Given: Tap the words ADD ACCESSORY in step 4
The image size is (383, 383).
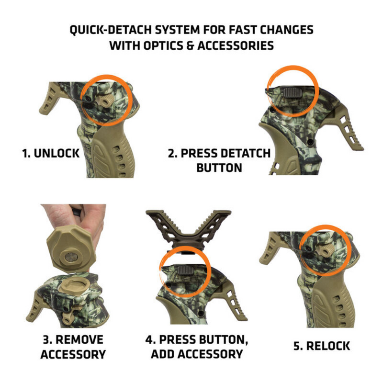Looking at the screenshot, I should tap(197, 354).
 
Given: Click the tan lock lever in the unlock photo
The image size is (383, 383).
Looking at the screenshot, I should tap(104, 99).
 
